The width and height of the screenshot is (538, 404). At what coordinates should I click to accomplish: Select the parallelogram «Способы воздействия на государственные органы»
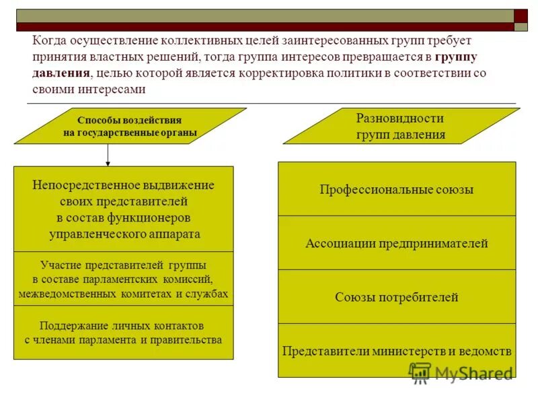pos(130,126)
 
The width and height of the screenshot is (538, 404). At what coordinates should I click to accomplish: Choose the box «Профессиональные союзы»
pos(397,189)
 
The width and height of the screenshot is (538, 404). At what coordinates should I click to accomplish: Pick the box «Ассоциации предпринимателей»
pos(397,243)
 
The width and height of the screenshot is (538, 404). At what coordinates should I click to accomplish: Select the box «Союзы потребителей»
pos(397,297)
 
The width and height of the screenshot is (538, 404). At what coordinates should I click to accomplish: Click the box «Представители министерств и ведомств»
pos(397,351)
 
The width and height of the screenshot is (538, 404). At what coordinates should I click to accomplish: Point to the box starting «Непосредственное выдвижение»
pos(123,209)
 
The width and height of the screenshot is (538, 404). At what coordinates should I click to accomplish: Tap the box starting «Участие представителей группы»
pos(123,279)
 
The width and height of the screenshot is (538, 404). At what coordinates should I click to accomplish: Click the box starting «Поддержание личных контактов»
pos(123,332)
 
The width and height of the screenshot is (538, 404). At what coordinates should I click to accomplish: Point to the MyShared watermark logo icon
pos(420,372)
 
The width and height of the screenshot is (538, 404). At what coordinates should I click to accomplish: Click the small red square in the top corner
pos(521,16)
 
